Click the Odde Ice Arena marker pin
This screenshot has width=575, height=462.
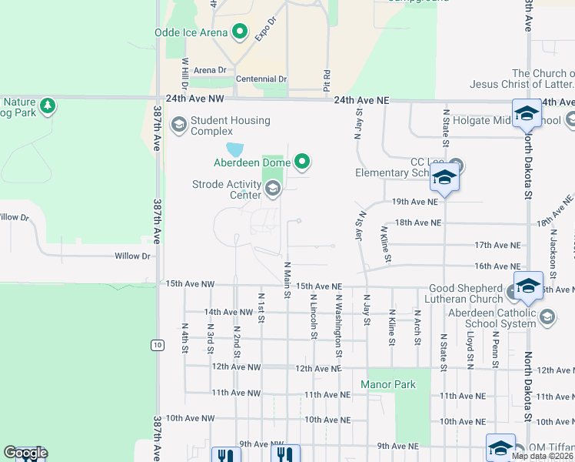[x=239, y=32]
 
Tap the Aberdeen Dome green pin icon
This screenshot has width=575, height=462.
[x=302, y=162]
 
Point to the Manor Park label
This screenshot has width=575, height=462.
[x=388, y=383]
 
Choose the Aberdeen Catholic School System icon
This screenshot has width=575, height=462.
[x=547, y=316]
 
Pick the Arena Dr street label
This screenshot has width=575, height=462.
[x=210, y=70]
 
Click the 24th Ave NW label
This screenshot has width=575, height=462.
[x=194, y=99]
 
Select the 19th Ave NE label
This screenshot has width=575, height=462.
[x=415, y=202]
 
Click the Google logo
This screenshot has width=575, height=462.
[x=25, y=453]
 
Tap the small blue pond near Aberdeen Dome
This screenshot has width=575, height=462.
[x=234, y=149]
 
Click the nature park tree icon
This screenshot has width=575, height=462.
[x=48, y=105]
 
